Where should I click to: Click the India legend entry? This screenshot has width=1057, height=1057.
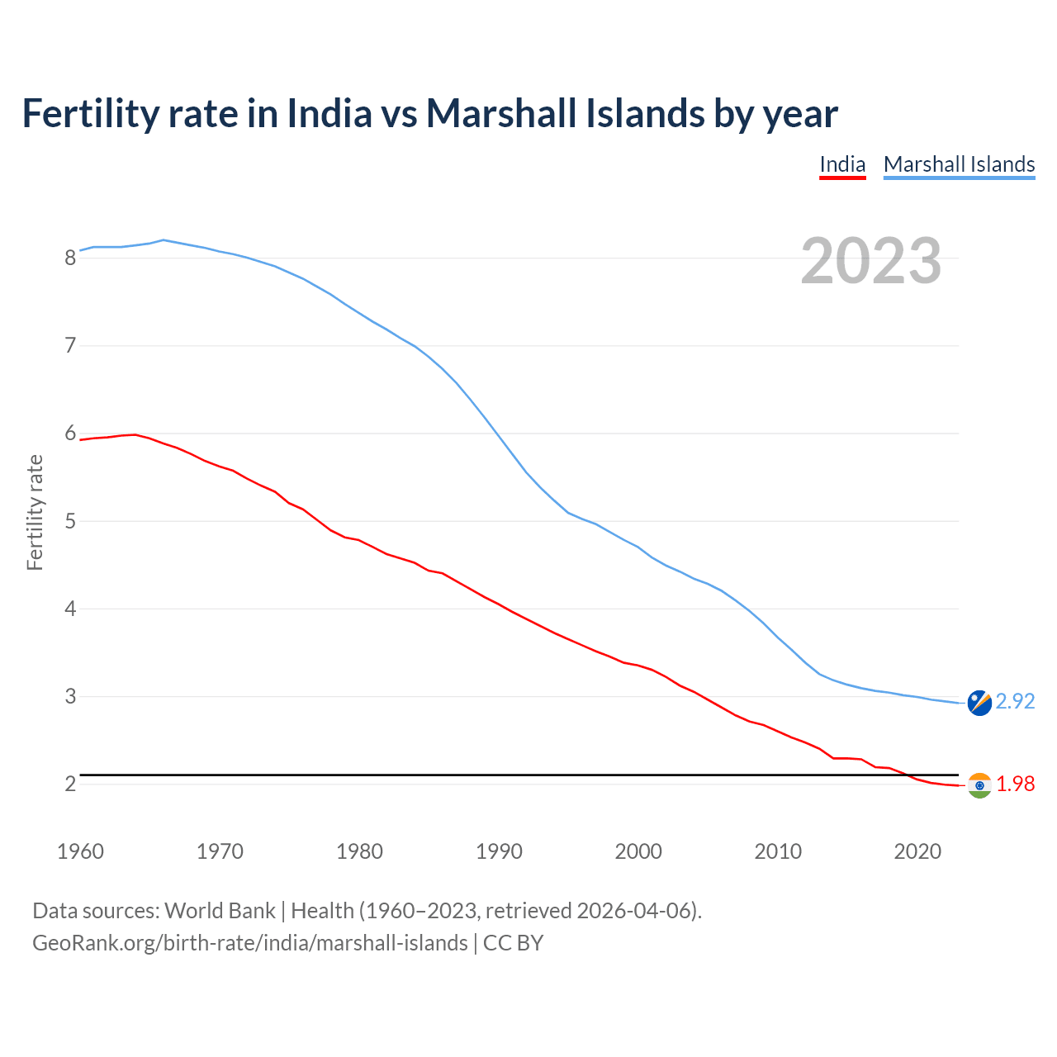tap(842, 164)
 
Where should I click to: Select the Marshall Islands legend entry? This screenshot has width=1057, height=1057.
tap(959, 164)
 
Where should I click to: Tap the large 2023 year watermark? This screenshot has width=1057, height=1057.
tap(871, 261)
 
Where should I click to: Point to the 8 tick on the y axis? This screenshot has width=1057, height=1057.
tap(70, 258)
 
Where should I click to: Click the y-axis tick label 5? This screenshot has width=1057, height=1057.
tap(70, 521)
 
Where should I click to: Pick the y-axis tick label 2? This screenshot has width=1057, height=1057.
tap(70, 784)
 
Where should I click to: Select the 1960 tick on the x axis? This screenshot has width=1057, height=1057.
tap(80, 851)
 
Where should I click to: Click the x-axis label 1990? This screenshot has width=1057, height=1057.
tap(499, 851)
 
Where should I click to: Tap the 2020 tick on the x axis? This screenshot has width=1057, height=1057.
tap(917, 851)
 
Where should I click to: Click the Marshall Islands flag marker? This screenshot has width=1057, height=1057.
tap(979, 703)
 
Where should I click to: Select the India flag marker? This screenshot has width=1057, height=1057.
tap(979, 785)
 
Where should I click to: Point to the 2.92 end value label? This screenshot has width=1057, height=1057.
tap(1015, 701)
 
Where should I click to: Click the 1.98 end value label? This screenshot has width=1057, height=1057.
tap(1015, 784)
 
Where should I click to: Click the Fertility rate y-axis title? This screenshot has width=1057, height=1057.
tap(35, 512)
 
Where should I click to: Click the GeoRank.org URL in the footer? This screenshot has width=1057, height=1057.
tap(249, 943)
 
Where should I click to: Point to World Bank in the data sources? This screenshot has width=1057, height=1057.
tap(220, 911)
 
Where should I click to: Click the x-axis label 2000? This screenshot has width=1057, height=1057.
tap(638, 851)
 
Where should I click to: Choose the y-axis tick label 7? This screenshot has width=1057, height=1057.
tap(70, 346)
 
